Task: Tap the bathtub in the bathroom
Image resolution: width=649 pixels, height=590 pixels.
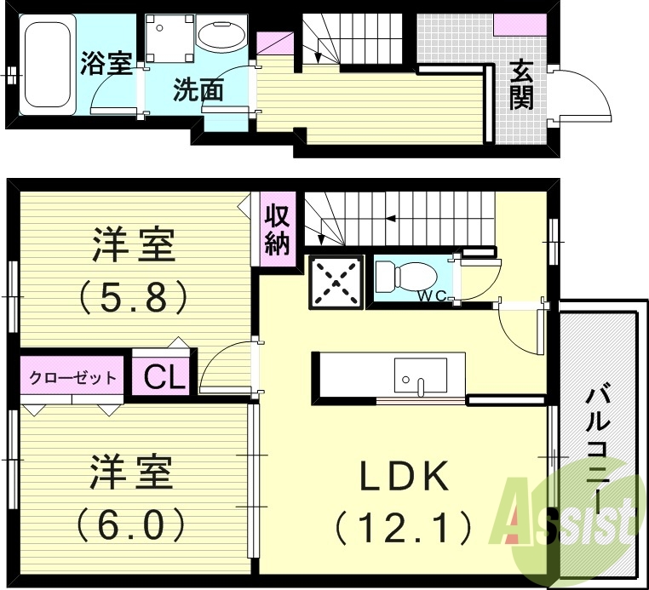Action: click(46, 65)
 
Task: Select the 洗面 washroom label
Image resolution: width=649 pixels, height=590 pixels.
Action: click(198, 90)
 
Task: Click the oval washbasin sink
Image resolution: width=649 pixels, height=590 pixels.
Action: click(221, 36)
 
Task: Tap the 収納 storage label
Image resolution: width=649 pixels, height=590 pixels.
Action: click(277, 230)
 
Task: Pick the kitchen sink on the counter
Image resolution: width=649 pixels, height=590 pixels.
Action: click(420, 375)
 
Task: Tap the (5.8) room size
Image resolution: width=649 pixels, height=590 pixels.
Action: click(134, 296)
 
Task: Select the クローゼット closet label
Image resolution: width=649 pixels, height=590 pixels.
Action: click(73, 378)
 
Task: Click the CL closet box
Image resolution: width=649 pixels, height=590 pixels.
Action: click(164, 377)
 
